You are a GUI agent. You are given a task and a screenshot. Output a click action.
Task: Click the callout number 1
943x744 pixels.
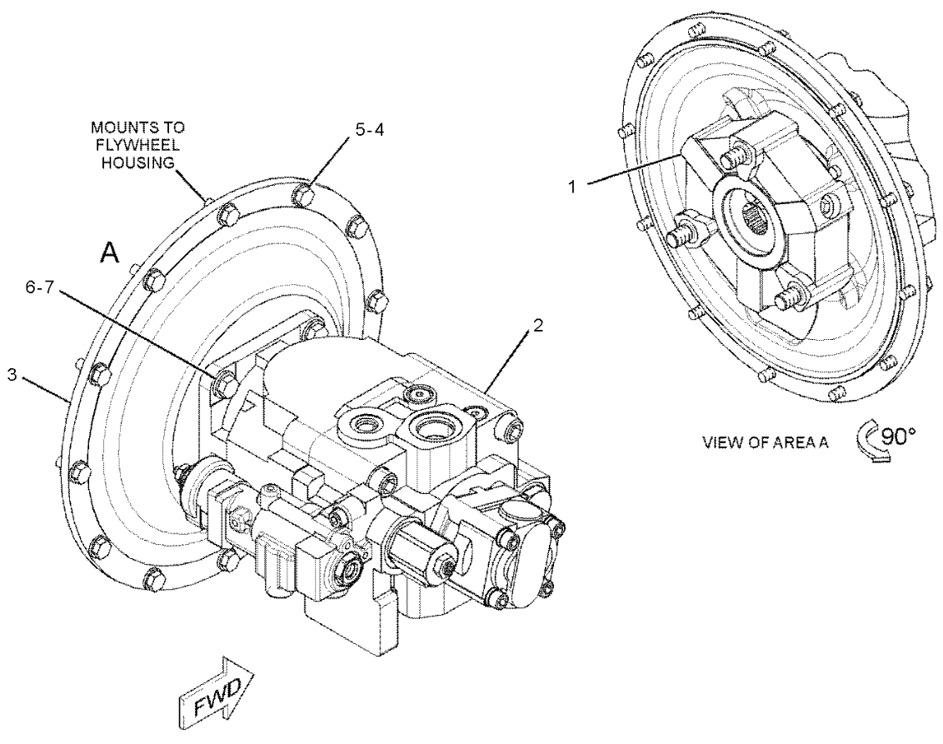coord(573,187)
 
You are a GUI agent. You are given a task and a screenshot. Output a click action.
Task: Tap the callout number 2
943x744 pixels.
coord(537,326)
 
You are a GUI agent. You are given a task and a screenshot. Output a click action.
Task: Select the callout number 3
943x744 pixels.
coord(12,375)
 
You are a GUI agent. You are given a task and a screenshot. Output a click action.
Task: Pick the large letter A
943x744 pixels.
coord(109,253)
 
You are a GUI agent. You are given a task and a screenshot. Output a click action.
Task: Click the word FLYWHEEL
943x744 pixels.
coord(137,145)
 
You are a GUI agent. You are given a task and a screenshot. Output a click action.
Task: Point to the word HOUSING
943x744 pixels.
coord(137,162)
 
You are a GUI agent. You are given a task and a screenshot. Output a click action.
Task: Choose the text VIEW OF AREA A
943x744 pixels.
coord(766,442)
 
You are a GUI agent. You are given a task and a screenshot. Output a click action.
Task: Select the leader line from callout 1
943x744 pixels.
coord(635,167)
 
